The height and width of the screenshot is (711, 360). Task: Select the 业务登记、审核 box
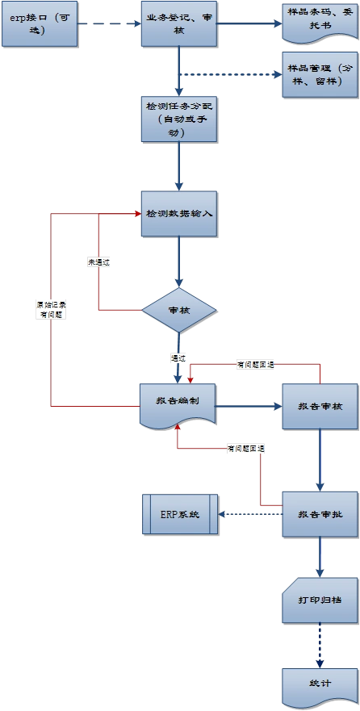click(x=179, y=23)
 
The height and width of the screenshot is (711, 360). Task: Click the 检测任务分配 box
click(x=178, y=119)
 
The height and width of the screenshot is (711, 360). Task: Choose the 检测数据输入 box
click(x=178, y=214)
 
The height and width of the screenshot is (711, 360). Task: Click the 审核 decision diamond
click(x=178, y=311)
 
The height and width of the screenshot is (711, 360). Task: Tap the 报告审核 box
click(x=320, y=406)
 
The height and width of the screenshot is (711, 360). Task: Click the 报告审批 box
click(x=320, y=514)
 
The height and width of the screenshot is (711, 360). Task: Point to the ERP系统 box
click(x=179, y=514)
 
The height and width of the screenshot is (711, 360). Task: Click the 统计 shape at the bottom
click(x=320, y=684)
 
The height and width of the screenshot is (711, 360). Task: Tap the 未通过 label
click(x=98, y=262)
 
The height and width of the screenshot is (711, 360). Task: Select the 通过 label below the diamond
click(x=178, y=358)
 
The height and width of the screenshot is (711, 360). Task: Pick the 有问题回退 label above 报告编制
click(x=255, y=365)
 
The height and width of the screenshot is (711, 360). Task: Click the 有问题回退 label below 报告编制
click(x=247, y=448)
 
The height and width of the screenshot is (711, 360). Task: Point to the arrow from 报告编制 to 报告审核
click(x=248, y=406)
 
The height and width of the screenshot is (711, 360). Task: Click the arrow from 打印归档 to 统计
click(x=320, y=646)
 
